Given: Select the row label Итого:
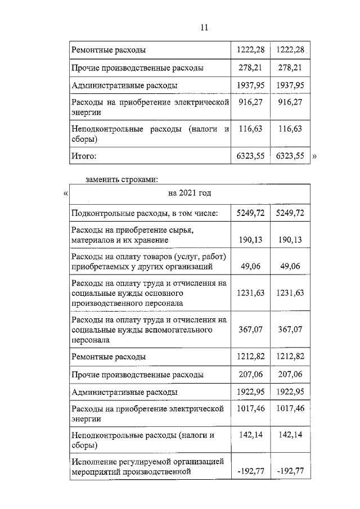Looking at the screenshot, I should (x=84, y=156).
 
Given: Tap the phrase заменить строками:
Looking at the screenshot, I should (x=121, y=180).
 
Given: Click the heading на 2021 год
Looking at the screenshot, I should (x=190, y=193).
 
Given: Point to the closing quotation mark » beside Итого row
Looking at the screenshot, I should (x=314, y=157).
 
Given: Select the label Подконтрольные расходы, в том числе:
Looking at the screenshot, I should (x=144, y=213).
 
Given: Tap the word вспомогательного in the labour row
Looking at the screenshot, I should (x=177, y=330).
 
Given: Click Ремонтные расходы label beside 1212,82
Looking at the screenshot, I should (x=109, y=357).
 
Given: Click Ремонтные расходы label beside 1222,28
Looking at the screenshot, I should (x=109, y=50).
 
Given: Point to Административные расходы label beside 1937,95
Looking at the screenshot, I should (x=124, y=85).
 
